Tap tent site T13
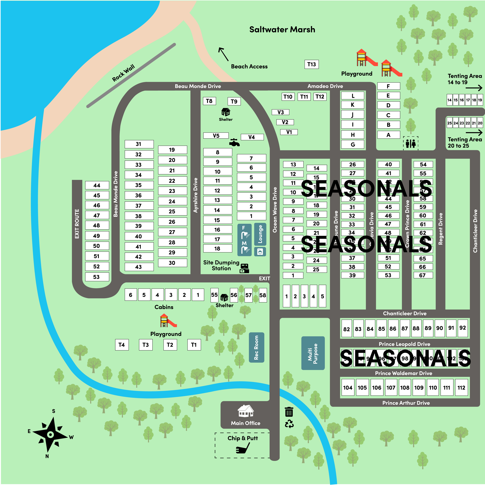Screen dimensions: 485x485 coord(312,64)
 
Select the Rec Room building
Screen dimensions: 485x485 coord(256,347)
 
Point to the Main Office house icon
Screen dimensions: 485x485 coord(245,411)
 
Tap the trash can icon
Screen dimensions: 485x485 coord(289,412)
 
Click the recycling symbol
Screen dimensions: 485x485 coord(289,424)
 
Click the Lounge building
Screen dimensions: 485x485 coord(260,234)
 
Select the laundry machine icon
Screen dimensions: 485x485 coord(260,251)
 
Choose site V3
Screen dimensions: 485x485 coord(280,112)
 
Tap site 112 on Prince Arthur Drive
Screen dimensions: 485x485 coord(461,388)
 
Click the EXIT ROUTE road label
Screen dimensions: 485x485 coord(77,224)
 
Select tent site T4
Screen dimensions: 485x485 coord(122,345)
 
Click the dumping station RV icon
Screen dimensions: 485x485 coord(244,268)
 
